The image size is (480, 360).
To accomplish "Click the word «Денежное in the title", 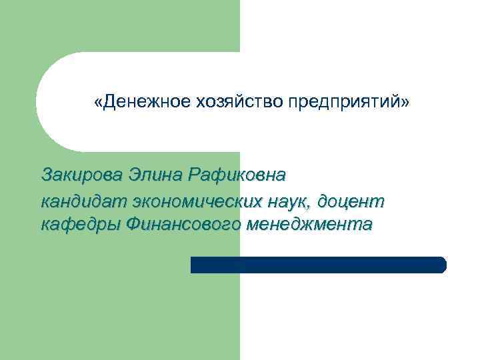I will pyautogui.click(x=141, y=103).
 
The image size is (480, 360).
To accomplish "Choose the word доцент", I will pyautogui.click(x=353, y=200).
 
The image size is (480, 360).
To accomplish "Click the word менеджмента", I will pyautogui.click(x=309, y=224).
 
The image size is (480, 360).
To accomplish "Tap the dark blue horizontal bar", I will pyautogui.click(x=318, y=265).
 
